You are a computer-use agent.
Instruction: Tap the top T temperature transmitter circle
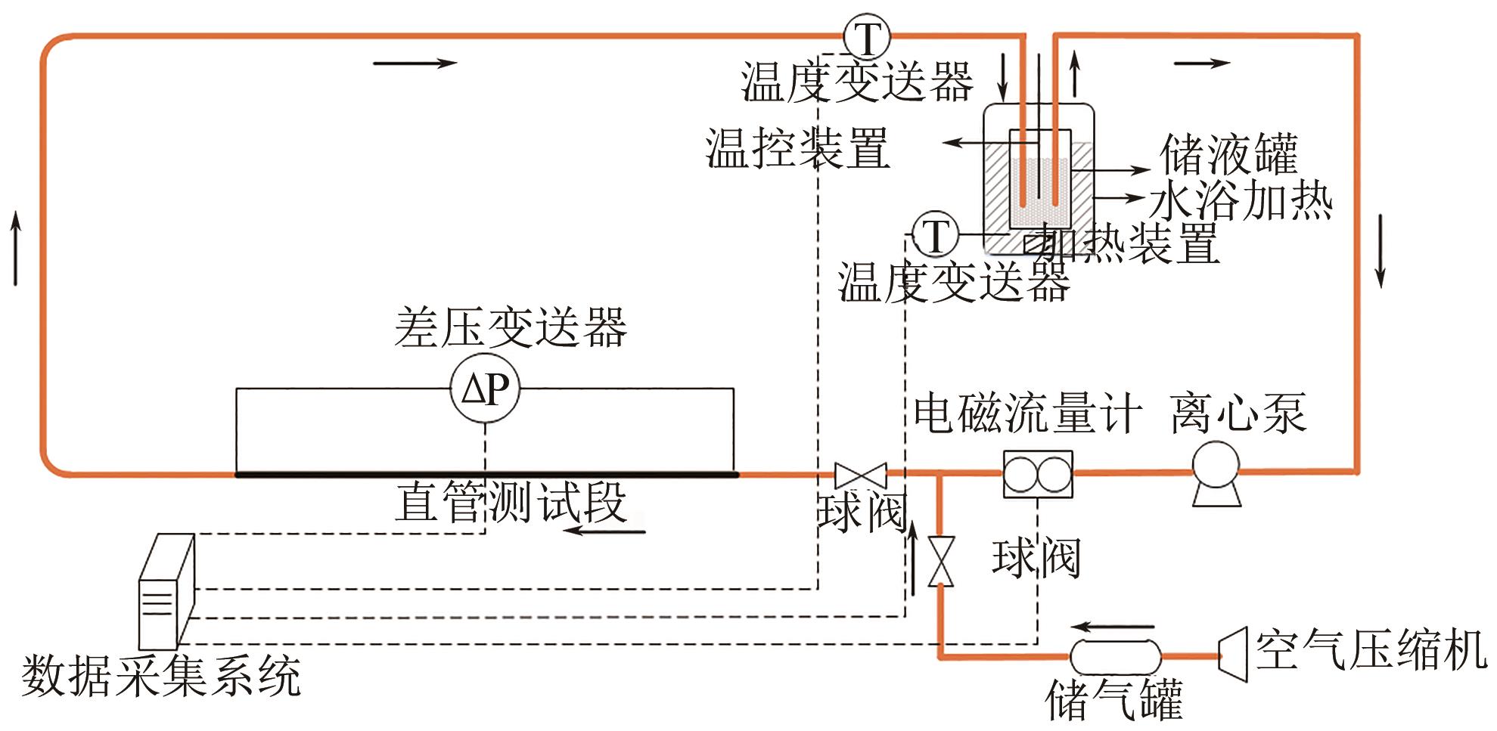[x=867, y=36]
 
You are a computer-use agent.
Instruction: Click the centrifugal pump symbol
[x=1216, y=473]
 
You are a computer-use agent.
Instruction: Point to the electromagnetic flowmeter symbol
[x=1037, y=474]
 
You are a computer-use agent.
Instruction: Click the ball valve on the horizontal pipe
[x=860, y=475]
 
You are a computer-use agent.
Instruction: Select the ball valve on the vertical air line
[x=941, y=561]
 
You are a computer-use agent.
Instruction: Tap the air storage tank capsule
[x=1115, y=656]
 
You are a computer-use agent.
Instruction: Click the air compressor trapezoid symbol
[x=1233, y=655]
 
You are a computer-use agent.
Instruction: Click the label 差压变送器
[x=511, y=327]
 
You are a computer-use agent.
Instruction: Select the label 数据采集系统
[x=161, y=675]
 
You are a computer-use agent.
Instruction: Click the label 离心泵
[x=1238, y=414]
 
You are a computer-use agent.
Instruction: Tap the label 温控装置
[x=797, y=147]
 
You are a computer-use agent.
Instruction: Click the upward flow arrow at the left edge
[x=15, y=249]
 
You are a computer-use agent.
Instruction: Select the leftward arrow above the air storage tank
[x=1113, y=627]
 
